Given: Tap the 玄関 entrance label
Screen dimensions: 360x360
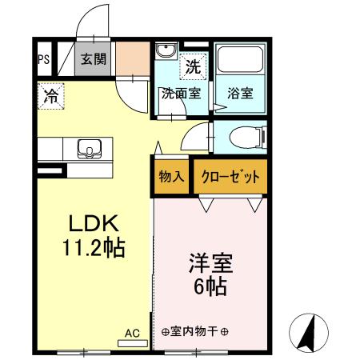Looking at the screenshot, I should click(x=93, y=58).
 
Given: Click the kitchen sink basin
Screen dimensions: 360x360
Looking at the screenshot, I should click(x=89, y=150).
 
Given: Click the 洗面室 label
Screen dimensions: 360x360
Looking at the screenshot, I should click(x=181, y=93).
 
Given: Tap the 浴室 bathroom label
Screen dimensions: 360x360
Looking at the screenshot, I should click(x=239, y=93).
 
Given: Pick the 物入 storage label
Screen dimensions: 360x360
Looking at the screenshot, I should click(x=171, y=177).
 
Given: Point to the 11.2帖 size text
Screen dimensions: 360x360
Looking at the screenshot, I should click(x=94, y=248).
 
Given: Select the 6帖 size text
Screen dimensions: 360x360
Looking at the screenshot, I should click(x=210, y=286).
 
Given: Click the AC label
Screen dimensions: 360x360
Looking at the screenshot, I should click(x=132, y=330).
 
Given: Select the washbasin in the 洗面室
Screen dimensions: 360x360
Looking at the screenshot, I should click(x=165, y=53).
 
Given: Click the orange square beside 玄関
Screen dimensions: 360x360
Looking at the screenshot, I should click(x=131, y=57).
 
